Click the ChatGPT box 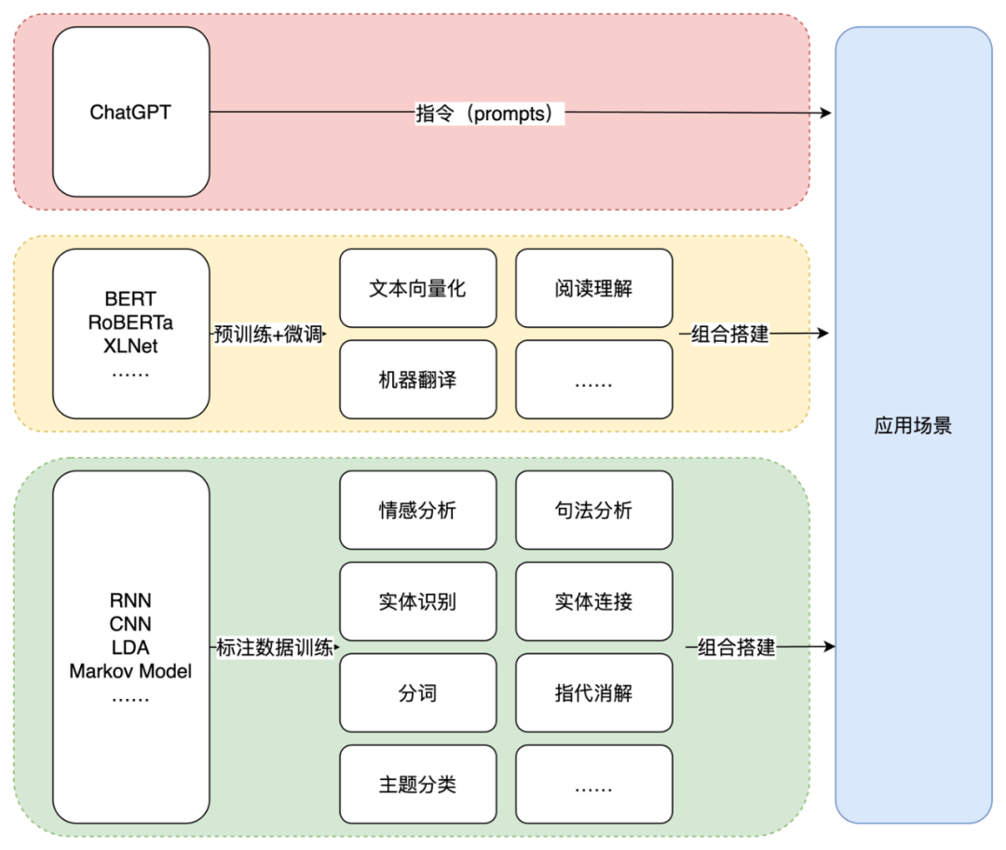pyautogui.click(x=130, y=112)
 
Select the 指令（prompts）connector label pyautogui.click(x=489, y=114)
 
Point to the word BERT pyautogui.click(x=130, y=299)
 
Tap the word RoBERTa pyautogui.click(x=130, y=323)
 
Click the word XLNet pyautogui.click(x=130, y=347)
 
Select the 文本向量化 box pyautogui.click(x=417, y=288)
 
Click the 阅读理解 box pyautogui.click(x=593, y=288)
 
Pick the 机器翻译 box pyautogui.click(x=417, y=379)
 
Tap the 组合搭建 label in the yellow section pyautogui.click(x=730, y=334)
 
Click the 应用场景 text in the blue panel pyautogui.click(x=913, y=427)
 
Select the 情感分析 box pyautogui.click(x=417, y=510)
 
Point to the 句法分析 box pyautogui.click(x=593, y=510)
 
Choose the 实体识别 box pyautogui.click(x=417, y=601)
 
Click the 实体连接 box pyautogui.click(x=593, y=601)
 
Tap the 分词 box pyautogui.click(x=417, y=692)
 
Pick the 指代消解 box pyautogui.click(x=593, y=692)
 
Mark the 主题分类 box pyautogui.click(x=417, y=784)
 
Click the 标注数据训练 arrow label pyautogui.click(x=274, y=648)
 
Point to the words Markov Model pyautogui.click(x=130, y=671)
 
